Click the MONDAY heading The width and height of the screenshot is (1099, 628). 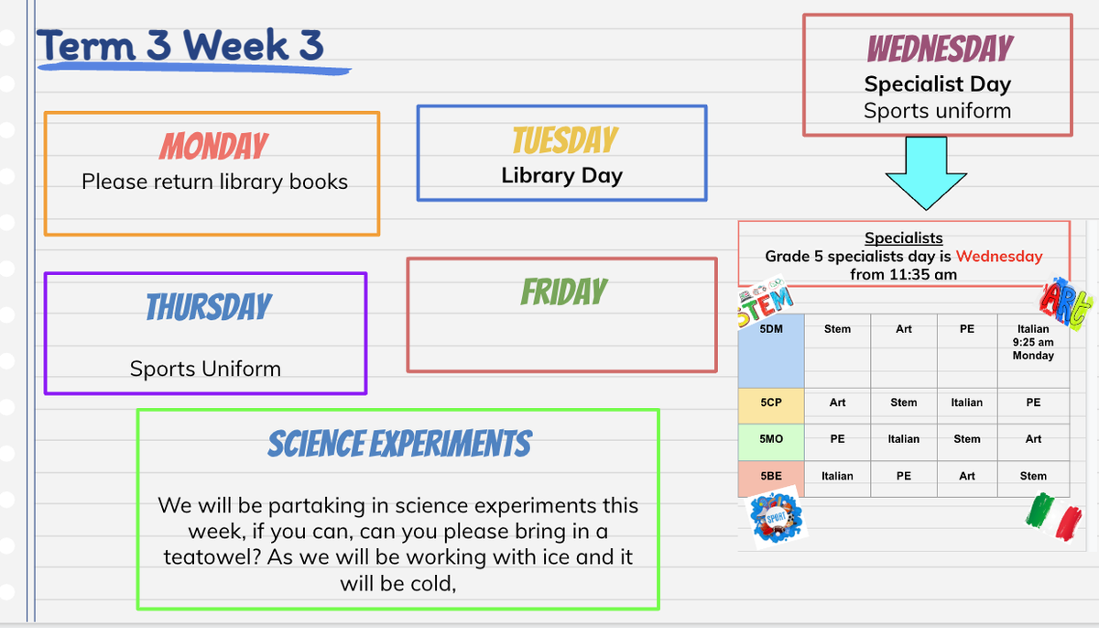[213, 146]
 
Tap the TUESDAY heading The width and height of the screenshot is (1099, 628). [565, 140]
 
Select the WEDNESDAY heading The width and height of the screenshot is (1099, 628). [940, 49]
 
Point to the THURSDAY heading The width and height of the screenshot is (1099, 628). [209, 307]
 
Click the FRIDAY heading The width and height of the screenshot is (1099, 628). [564, 292]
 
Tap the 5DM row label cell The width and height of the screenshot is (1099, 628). [771, 351]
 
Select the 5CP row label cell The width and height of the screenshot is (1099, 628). [771, 406]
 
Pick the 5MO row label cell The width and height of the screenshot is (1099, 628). [771, 443]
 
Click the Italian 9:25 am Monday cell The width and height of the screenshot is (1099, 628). [1033, 351]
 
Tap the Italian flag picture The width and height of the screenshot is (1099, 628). [1054, 516]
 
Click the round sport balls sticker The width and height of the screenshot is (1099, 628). [776, 517]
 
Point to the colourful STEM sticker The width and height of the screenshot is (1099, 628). [765, 301]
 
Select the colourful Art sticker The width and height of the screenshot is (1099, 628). [1066, 303]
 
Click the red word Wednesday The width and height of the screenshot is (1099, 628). [999, 256]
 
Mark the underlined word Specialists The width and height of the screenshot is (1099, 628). [903, 237]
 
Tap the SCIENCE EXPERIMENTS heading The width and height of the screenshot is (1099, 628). [399, 444]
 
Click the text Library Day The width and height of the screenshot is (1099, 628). [561, 175]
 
